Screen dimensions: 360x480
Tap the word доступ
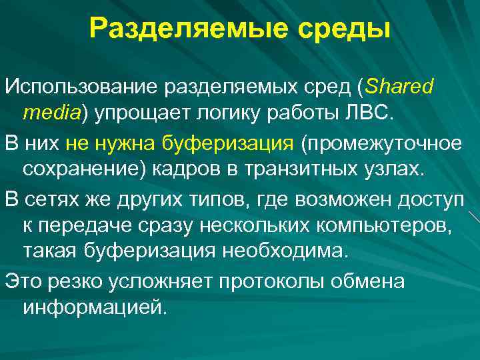click(x=441, y=199)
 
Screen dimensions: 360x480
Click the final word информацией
click(x=91, y=309)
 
